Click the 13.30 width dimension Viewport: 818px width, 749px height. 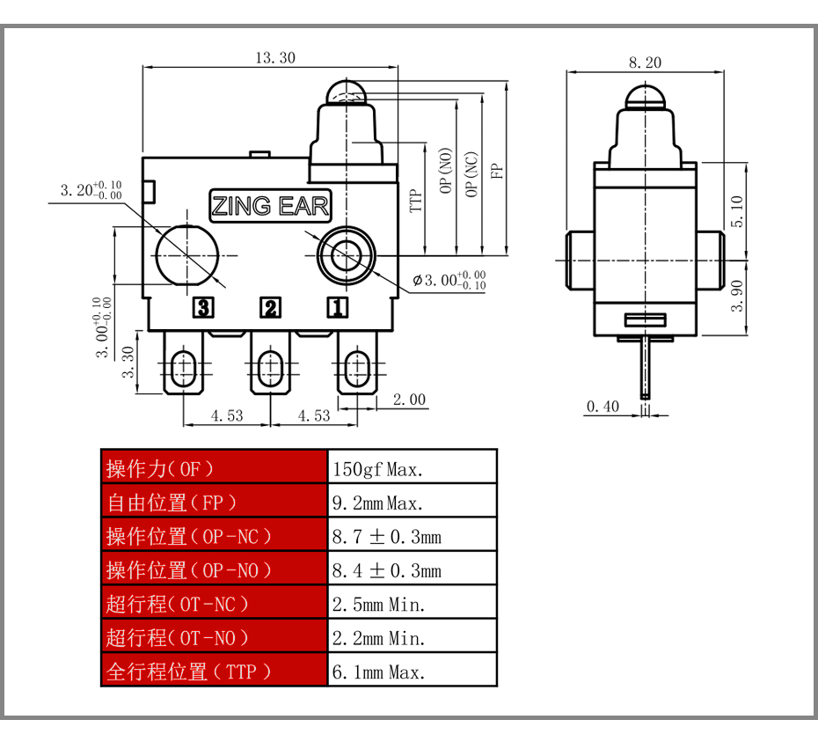pyautogui.click(x=275, y=57)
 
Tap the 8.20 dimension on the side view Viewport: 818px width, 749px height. pyautogui.click(x=645, y=62)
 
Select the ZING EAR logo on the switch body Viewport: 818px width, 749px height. pyautogui.click(x=270, y=206)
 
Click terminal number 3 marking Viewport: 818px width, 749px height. pyautogui.click(x=203, y=307)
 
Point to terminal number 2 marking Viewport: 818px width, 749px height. pyautogui.click(x=270, y=307)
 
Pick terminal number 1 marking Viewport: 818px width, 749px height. pyautogui.click(x=337, y=307)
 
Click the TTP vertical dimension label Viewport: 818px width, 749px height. pyautogui.click(x=415, y=201)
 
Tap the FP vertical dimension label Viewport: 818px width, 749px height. pyautogui.click(x=497, y=172)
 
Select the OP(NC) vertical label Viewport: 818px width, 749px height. pyautogui.click(x=471, y=174)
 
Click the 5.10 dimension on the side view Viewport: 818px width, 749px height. pyautogui.click(x=736, y=211)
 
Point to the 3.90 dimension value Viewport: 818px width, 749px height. pyautogui.click(x=736, y=296)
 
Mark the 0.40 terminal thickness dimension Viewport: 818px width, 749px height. pyautogui.click(x=603, y=407)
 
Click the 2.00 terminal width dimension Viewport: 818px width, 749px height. pyautogui.click(x=409, y=400)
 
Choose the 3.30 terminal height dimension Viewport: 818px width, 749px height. pyautogui.click(x=128, y=362)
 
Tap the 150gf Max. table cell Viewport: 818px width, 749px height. pyautogui.click(x=413, y=466)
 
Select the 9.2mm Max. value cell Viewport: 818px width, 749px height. pyautogui.click(x=413, y=501)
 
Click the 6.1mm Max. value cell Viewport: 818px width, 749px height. pyautogui.click(x=413, y=670)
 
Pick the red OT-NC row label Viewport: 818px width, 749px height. pyautogui.click(x=215, y=602)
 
